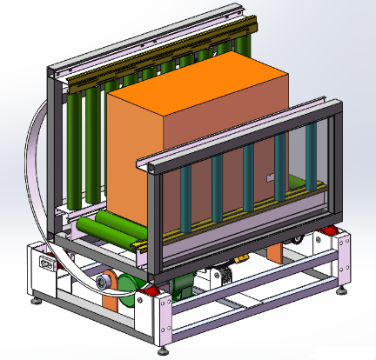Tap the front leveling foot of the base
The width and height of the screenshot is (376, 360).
pyautogui.click(x=163, y=351)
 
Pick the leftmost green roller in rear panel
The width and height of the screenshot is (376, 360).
pyautogui.click(x=74, y=148)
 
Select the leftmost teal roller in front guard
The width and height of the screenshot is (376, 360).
pyautogui.click(x=185, y=200)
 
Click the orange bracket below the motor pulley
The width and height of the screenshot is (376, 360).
pyautogui.click(x=113, y=300)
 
